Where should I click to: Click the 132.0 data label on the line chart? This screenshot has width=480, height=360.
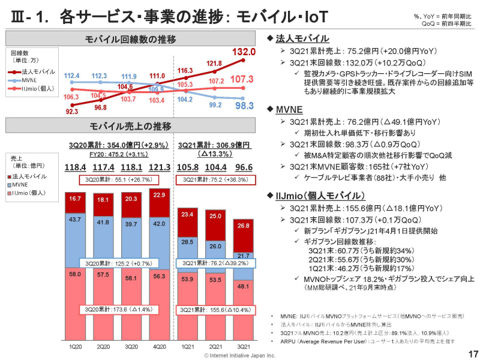[244, 52]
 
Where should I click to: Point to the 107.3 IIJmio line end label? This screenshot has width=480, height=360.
[242, 79]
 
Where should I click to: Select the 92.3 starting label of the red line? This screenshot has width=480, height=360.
[72, 112]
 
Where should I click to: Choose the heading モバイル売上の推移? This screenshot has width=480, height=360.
[130, 127]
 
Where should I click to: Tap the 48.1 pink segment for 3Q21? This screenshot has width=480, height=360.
[244, 287]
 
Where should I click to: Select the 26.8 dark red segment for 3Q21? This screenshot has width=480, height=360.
[244, 226]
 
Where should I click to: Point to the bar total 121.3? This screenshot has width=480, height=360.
[159, 167]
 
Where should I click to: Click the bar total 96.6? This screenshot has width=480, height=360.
[243, 167]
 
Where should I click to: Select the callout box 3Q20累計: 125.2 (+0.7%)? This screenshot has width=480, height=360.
[117, 263]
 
